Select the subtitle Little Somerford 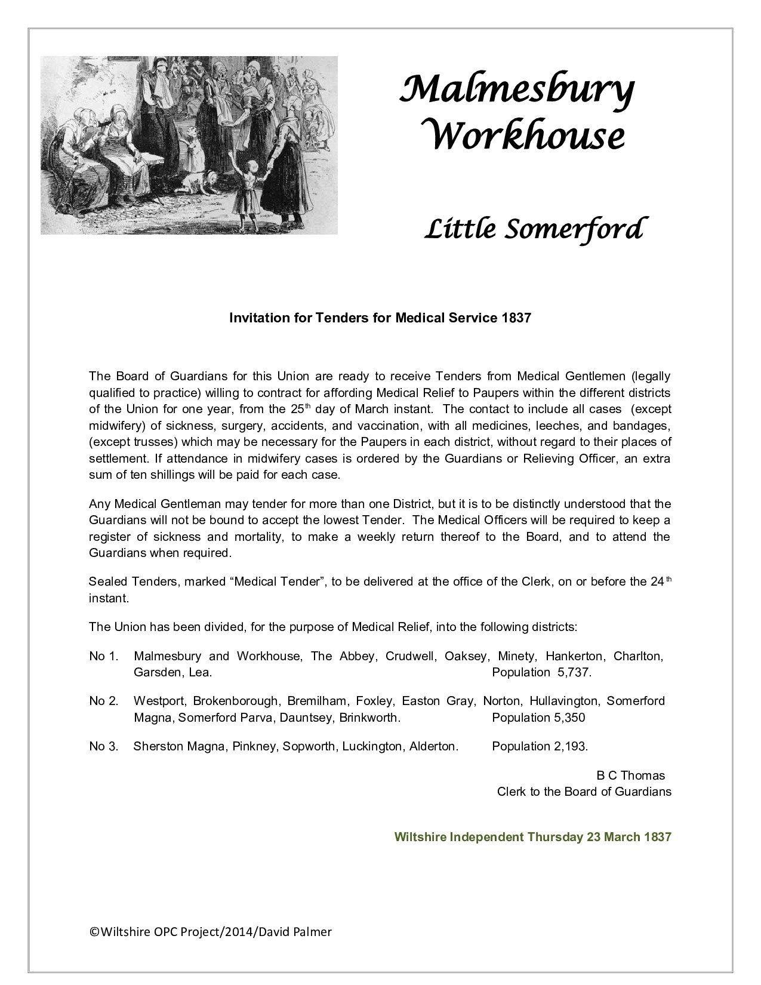(532, 229)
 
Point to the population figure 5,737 (574, 672)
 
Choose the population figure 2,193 (572, 746)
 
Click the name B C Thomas (630, 775)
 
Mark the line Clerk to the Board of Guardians (584, 792)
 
